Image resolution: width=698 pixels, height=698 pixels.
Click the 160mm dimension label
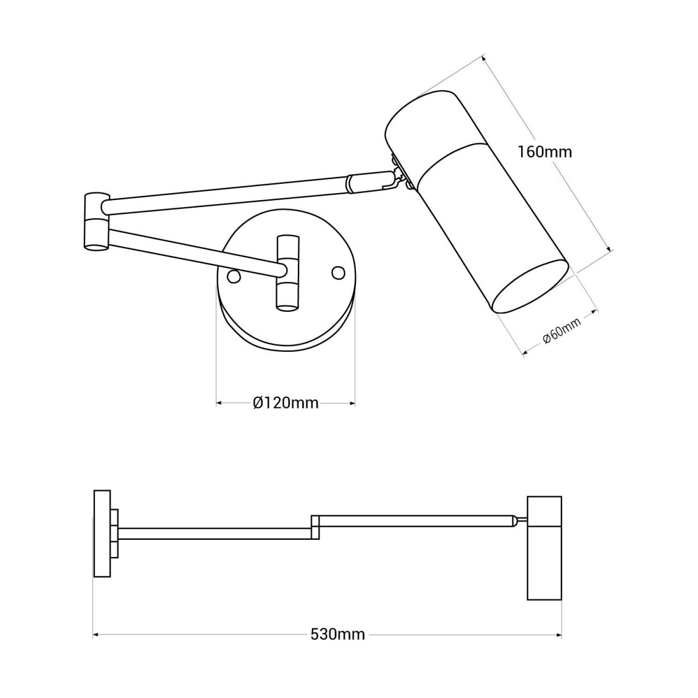[544, 152]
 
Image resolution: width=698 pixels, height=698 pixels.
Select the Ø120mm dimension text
[286, 403]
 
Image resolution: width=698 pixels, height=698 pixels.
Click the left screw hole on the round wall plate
[234, 276]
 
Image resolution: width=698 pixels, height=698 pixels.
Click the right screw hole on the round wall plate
[337, 272]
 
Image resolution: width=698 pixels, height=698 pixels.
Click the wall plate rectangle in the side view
[102, 533]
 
